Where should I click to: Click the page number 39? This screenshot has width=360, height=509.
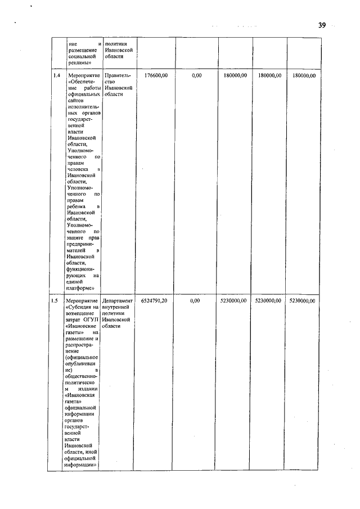coord(322,25)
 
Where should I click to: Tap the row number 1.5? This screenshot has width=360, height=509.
coord(55,301)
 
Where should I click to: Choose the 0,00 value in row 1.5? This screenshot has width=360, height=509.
coord(195,301)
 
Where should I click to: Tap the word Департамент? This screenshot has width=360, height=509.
coord(119,301)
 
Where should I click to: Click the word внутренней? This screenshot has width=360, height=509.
coord(117,308)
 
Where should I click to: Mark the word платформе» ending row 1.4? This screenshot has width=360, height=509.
coord(78,289)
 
